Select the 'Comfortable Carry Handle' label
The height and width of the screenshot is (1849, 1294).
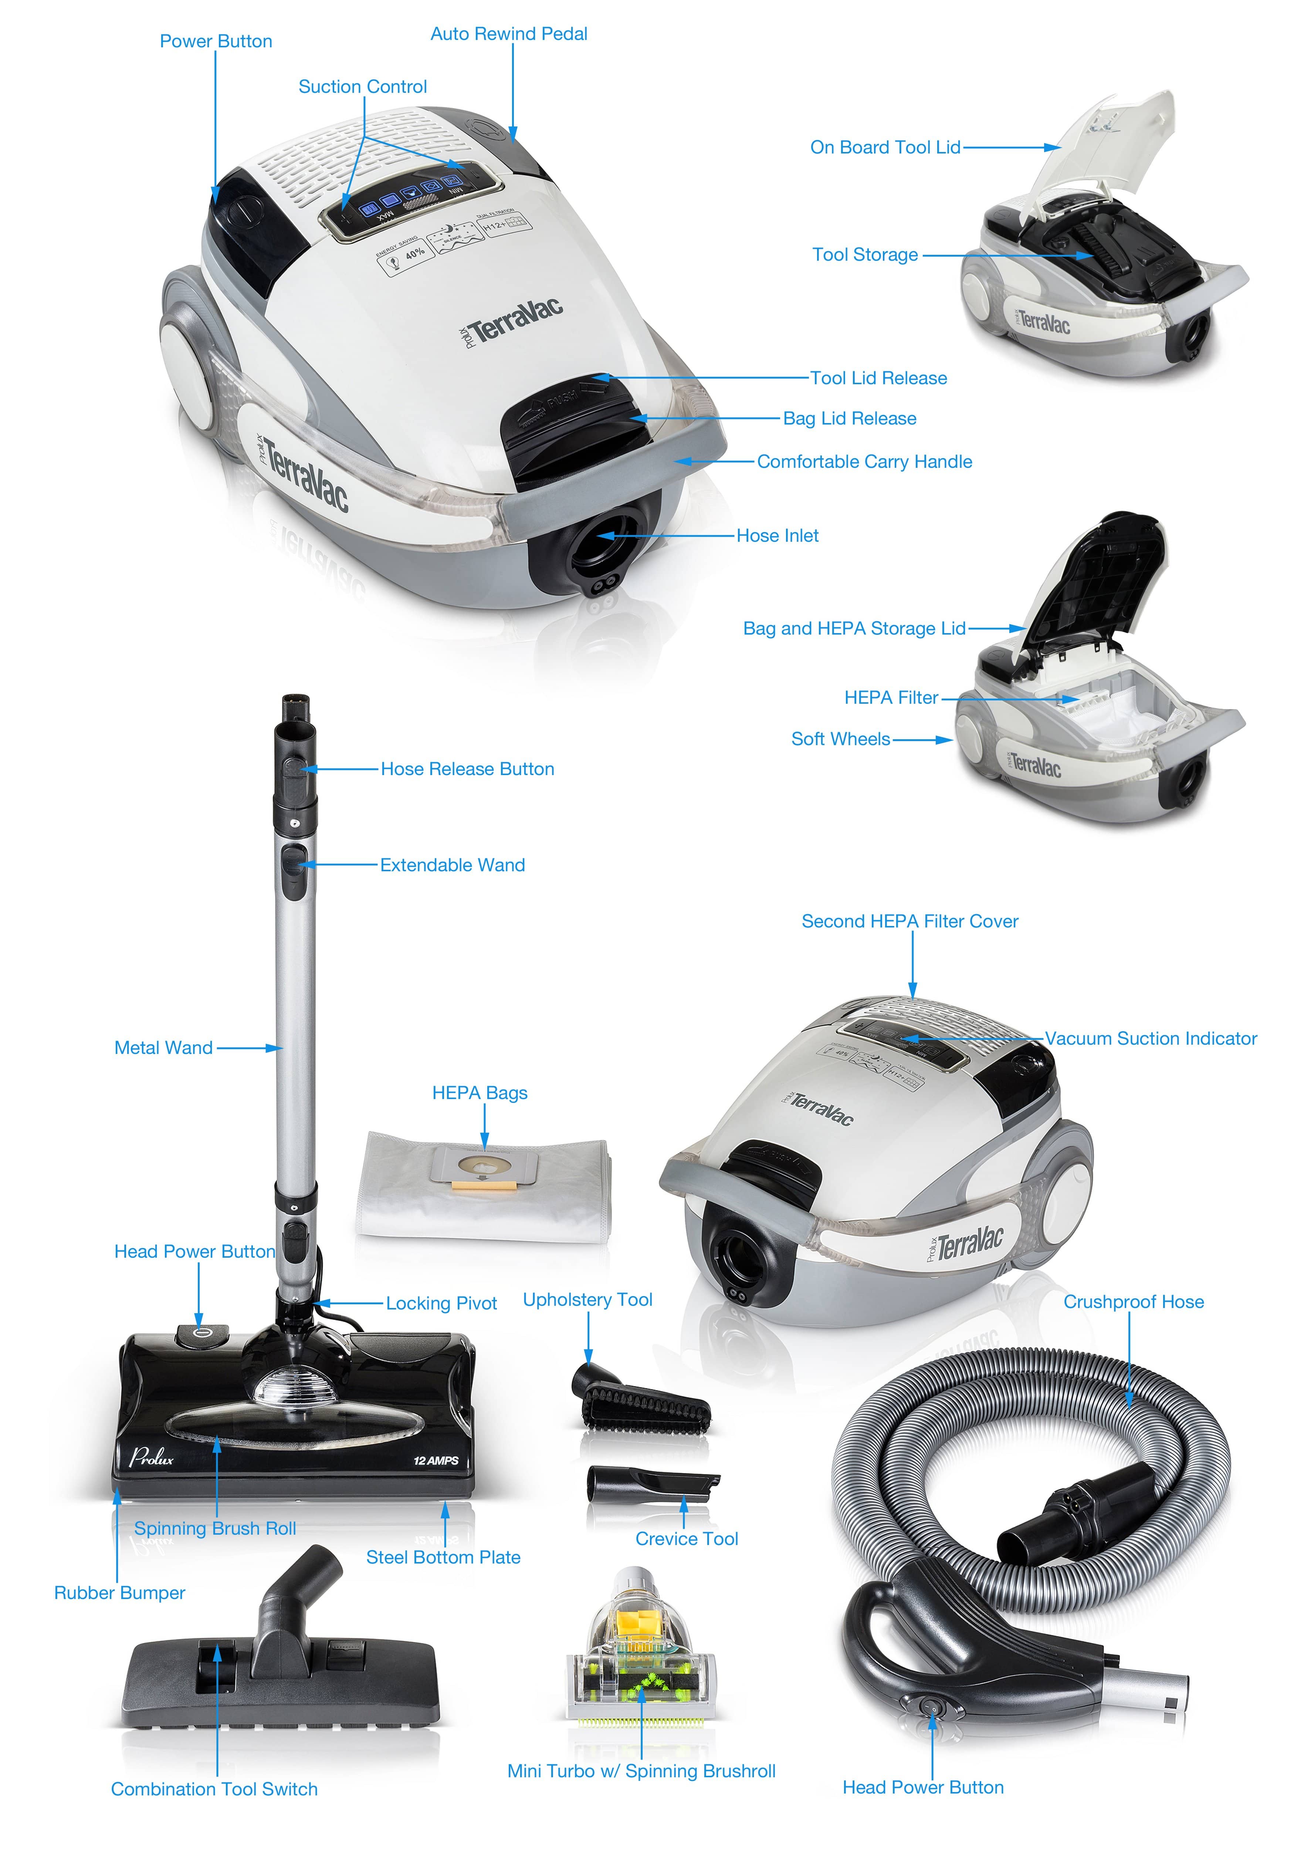point(864,462)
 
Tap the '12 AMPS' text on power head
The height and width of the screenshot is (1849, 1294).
point(436,1460)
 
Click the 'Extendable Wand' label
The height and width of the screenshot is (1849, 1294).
point(453,865)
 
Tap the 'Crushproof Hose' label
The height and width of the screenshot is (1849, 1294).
point(1133,1302)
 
